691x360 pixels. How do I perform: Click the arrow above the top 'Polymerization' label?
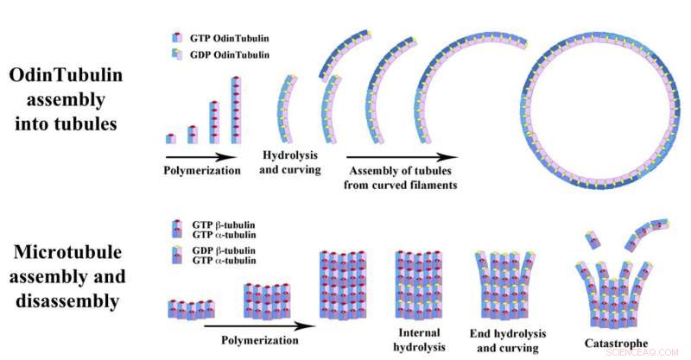coord(200,156)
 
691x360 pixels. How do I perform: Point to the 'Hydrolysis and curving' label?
coord(291,162)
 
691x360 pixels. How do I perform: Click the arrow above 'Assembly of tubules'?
coord(402,157)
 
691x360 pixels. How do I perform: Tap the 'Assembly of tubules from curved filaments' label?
coord(403,178)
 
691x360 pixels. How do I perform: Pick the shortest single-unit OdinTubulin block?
coord(171,138)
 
